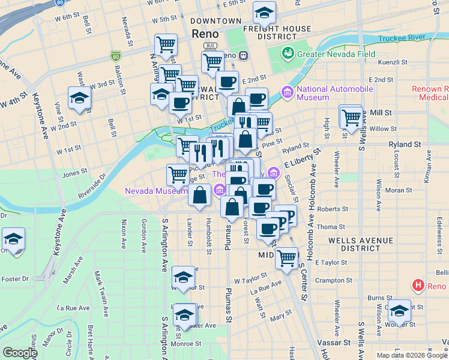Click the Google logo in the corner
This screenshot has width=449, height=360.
click(20, 353)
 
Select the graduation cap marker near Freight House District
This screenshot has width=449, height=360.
click(264, 13)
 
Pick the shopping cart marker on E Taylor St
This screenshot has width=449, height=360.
click(287, 257)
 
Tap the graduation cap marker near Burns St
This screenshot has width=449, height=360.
click(399, 311)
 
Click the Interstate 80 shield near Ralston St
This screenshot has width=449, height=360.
click(115, 57)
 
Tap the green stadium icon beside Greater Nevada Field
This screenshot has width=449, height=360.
click(289, 53)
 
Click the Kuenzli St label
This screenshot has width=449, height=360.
click(393, 62)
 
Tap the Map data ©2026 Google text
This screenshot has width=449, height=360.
click(411, 355)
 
